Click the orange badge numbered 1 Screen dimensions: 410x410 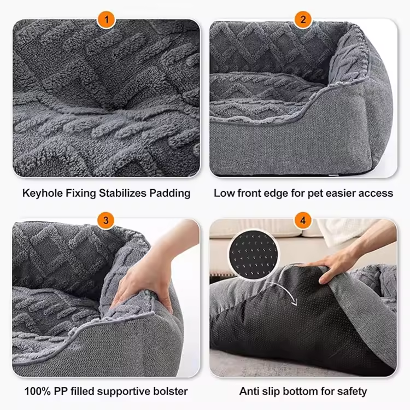(x=106, y=20)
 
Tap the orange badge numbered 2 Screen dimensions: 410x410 (x=303, y=20)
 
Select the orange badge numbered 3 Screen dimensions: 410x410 (x=106, y=220)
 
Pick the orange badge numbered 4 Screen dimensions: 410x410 (x=303, y=220)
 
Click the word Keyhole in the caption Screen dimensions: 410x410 (x=42, y=193)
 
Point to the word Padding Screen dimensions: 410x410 (x=169, y=193)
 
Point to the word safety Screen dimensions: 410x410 (x=352, y=391)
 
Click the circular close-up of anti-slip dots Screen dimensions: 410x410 (x=253, y=255)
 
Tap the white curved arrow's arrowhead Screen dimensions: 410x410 (x=294, y=301)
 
